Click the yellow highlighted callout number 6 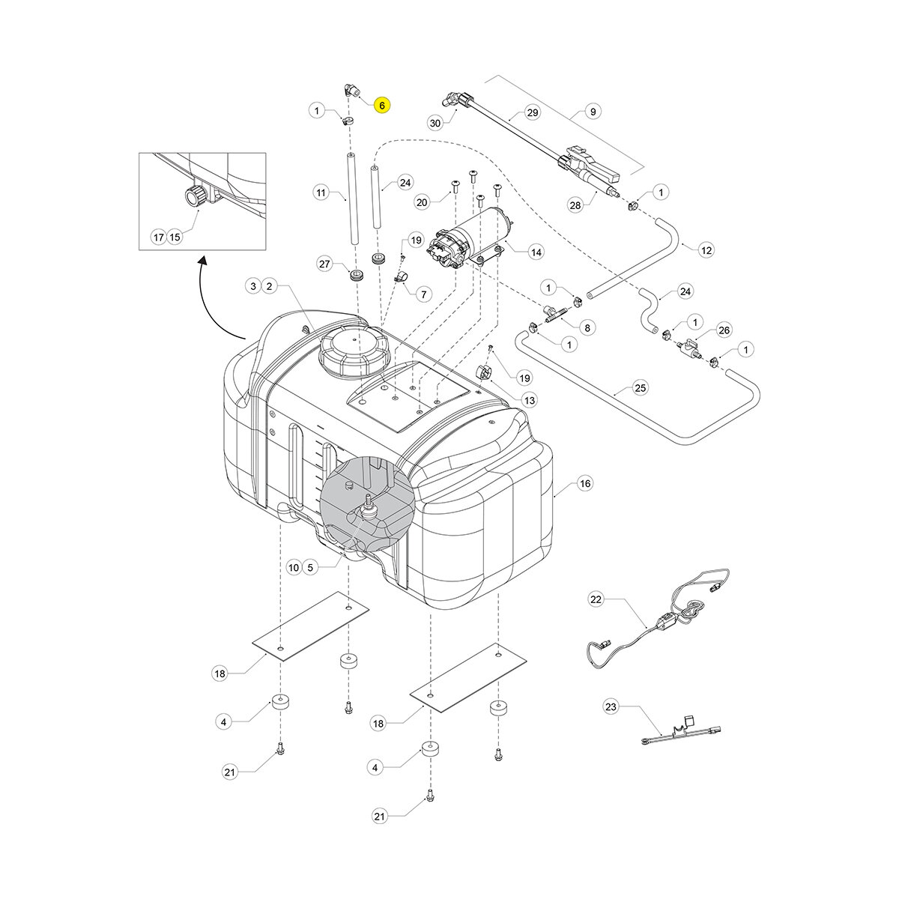coord(382,106)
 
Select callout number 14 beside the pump coord(536,252)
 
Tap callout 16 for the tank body coord(585,483)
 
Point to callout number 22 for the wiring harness coord(596,599)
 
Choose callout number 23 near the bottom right coord(611,706)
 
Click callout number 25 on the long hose coord(641,387)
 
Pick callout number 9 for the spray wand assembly coord(593,112)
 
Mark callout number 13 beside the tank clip coord(530,400)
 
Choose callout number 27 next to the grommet coord(324,264)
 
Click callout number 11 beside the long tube coord(321,193)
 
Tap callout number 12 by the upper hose coord(706,250)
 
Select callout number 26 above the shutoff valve coord(724,330)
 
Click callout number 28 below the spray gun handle coord(575,205)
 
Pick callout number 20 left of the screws coord(422,202)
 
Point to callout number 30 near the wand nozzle coord(435,123)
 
